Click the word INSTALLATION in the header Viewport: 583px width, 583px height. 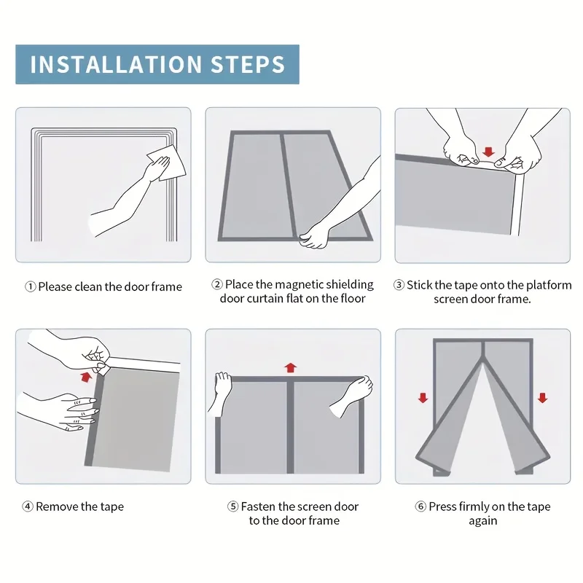pyautogui.click(x=116, y=64)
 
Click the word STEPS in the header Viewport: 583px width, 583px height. pyautogui.click(x=248, y=64)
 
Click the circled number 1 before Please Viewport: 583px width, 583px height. pyautogui.click(x=31, y=286)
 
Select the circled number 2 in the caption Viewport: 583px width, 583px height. pyautogui.click(x=217, y=284)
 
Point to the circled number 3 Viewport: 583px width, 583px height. pyautogui.click(x=399, y=285)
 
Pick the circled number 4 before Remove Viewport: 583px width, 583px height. pyautogui.click(x=28, y=506)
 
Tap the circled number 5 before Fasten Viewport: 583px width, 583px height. pyautogui.click(x=232, y=506)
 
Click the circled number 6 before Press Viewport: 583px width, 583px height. pyautogui.click(x=420, y=506)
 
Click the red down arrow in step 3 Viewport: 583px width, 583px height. pyautogui.click(x=488, y=152)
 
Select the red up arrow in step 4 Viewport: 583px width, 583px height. pyautogui.click(x=86, y=377)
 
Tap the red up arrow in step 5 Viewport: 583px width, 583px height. pyautogui.click(x=290, y=367)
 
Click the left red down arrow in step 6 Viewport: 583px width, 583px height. pyautogui.click(x=423, y=398)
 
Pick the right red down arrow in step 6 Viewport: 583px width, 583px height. pyautogui.click(x=542, y=398)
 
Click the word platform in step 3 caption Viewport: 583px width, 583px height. pyautogui.click(x=549, y=285)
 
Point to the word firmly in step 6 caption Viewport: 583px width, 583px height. pyautogui.click(x=473, y=506)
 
